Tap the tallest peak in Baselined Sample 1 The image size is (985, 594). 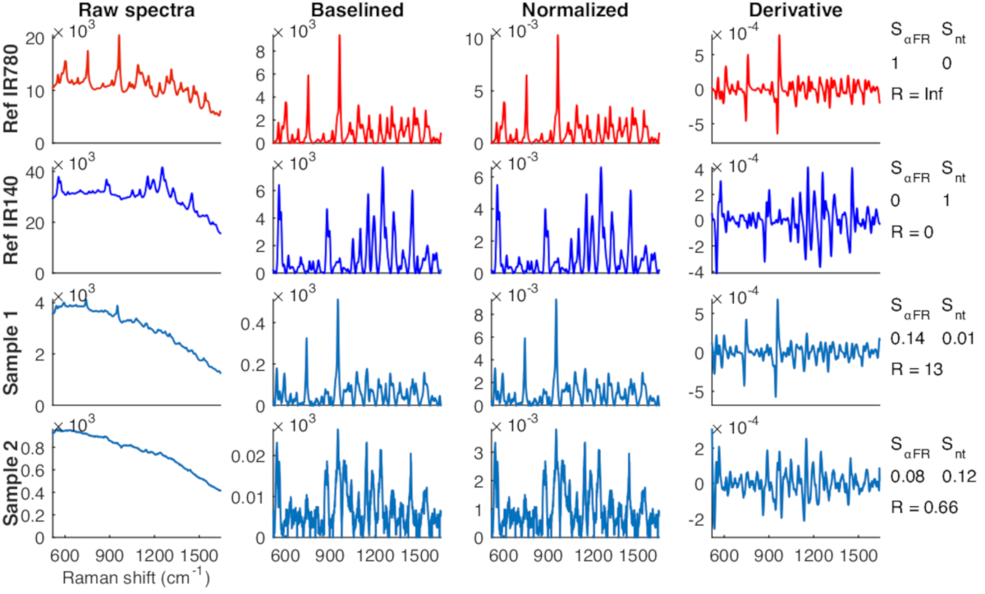[x=337, y=300]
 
